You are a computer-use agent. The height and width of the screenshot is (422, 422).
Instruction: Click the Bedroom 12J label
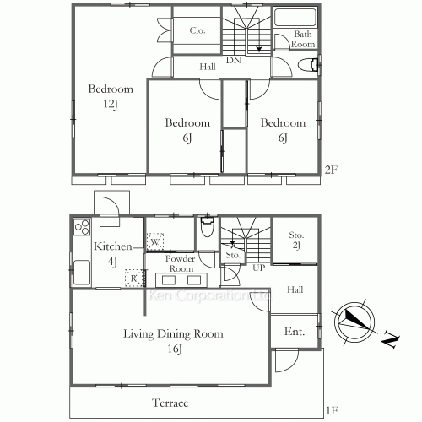click(111, 96)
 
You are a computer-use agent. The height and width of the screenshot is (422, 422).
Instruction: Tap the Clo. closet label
click(197, 30)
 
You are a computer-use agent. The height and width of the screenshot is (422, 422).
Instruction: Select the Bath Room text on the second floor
click(304, 39)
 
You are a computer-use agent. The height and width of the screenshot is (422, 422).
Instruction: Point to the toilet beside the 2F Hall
click(311, 65)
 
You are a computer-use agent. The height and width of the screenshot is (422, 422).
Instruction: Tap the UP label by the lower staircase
click(257, 268)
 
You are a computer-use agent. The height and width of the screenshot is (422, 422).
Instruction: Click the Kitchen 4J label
click(111, 253)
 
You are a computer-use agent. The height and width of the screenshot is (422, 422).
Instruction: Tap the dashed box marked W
click(155, 242)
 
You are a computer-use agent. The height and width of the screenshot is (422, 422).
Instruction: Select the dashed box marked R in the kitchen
click(132, 276)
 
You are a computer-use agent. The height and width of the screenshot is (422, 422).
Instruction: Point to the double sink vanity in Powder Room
click(182, 280)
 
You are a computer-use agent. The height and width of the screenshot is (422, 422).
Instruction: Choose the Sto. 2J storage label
click(296, 240)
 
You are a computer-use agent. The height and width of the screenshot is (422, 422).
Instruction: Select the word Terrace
click(170, 403)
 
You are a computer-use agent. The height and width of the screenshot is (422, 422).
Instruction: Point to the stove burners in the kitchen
click(82, 226)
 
